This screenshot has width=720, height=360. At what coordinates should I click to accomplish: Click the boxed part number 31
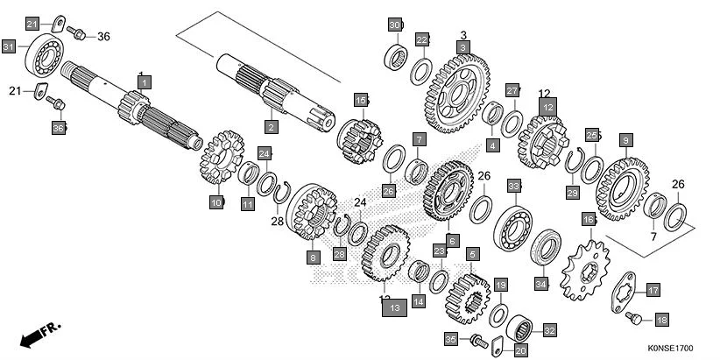(x=9, y=46)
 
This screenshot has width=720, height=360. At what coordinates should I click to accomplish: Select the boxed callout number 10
(x=215, y=202)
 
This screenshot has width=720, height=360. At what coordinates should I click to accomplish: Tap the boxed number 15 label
(x=360, y=99)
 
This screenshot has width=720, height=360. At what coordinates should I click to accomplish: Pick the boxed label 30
(x=395, y=24)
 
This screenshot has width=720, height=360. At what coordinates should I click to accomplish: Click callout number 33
(x=514, y=186)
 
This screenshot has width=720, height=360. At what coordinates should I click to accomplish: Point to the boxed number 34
(x=541, y=283)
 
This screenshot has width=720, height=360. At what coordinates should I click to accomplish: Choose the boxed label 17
(x=653, y=290)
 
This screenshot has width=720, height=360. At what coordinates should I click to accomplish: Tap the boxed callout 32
(x=550, y=330)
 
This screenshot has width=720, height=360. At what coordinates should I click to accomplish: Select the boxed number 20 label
(x=520, y=351)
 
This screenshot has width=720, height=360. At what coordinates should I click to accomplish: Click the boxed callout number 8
(x=313, y=258)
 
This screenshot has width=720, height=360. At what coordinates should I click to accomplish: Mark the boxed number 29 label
(x=572, y=193)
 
